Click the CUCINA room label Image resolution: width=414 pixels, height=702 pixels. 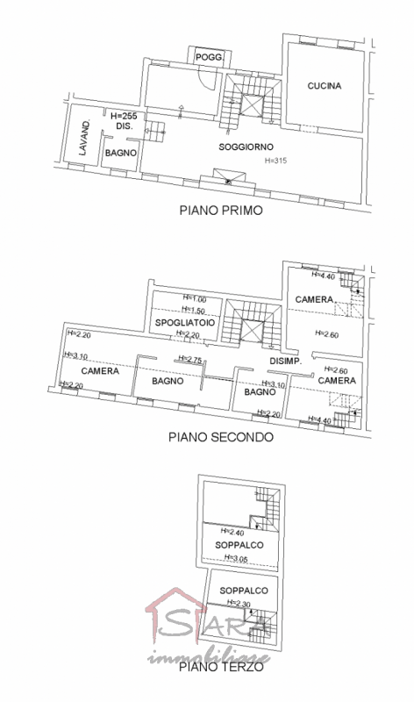tap(324, 86)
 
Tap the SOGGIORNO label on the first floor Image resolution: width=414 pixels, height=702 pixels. tap(246, 147)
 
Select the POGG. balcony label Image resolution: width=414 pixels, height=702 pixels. tap(210, 57)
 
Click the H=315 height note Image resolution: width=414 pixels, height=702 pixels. tap(276, 161)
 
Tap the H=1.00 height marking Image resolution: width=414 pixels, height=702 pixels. tap(195, 298)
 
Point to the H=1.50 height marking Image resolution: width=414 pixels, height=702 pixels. tap(195, 311)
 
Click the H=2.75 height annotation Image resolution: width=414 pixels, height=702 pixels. tap(190, 359)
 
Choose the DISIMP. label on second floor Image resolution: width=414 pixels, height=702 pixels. tap(285, 362)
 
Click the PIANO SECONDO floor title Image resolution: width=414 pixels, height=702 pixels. tap(220, 436)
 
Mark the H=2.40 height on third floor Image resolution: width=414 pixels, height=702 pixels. tap(232, 532)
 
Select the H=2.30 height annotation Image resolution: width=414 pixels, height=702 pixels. tap(239, 604)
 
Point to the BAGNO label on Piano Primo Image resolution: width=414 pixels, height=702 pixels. tap(119, 153)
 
